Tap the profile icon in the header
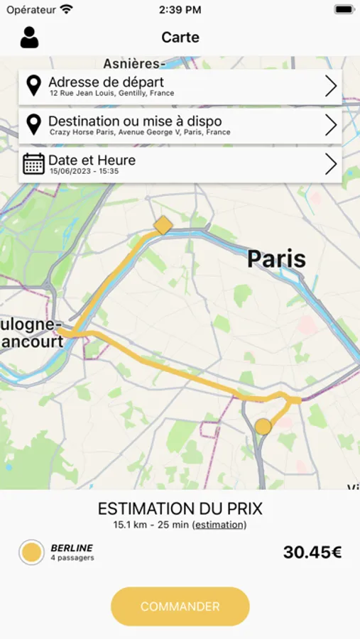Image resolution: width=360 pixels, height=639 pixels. pyautogui.click(x=29, y=38)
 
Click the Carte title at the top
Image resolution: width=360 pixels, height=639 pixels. pyautogui.click(x=180, y=38)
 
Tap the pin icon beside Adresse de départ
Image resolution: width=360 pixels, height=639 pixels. pyautogui.click(x=33, y=86)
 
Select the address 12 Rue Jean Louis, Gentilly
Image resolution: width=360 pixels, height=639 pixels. pyautogui.click(x=111, y=94)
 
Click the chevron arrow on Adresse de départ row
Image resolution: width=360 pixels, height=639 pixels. pyautogui.click(x=330, y=87)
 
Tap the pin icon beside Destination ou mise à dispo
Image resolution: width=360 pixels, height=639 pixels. pyautogui.click(x=33, y=125)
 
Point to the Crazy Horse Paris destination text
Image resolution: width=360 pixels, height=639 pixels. pyautogui.click(x=140, y=132)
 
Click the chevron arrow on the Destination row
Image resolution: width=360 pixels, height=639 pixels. pyautogui.click(x=330, y=126)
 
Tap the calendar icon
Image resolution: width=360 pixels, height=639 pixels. pyautogui.click(x=33, y=164)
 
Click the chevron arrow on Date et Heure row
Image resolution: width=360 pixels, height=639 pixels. pyautogui.click(x=330, y=165)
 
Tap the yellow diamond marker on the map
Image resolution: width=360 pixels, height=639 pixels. pyautogui.click(x=163, y=226)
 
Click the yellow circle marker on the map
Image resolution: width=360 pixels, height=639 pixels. pyautogui.click(x=263, y=426)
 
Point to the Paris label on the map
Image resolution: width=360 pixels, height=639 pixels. pyautogui.click(x=276, y=259)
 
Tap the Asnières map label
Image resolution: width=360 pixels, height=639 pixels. pyautogui.click(x=134, y=63)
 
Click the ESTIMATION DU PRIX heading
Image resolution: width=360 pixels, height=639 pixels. pyautogui.click(x=180, y=508)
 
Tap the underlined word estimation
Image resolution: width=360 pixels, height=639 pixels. pyautogui.click(x=219, y=525)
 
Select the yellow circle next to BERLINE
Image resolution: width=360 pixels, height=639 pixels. pyautogui.click(x=31, y=552)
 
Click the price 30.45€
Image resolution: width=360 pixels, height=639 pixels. pyautogui.click(x=312, y=552)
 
